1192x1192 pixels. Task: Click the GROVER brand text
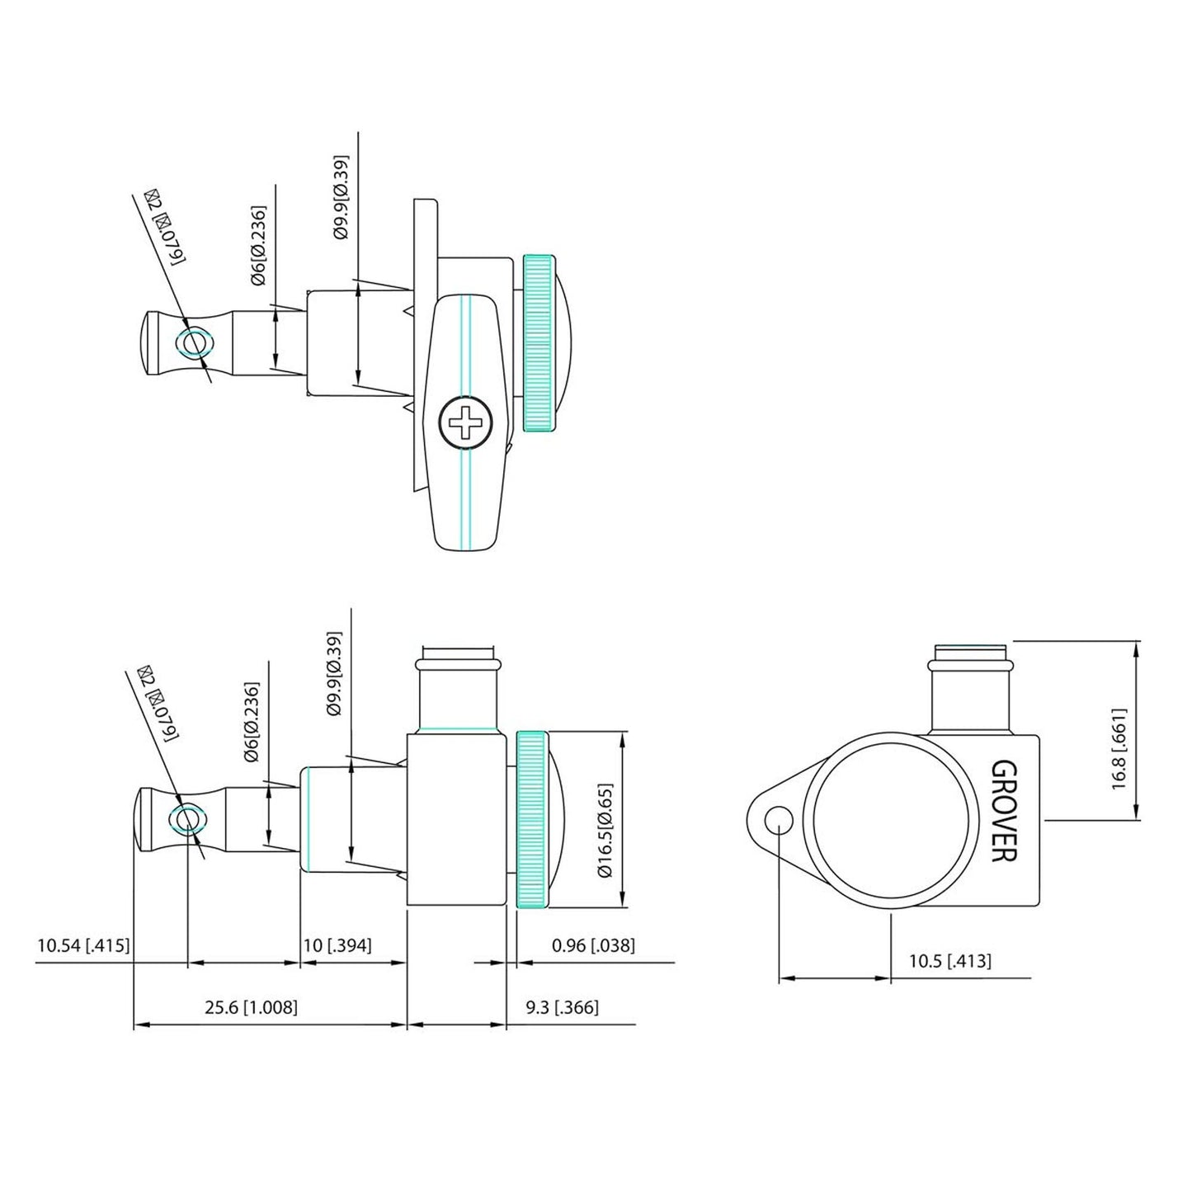[1002, 810]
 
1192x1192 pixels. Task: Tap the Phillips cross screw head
[465, 425]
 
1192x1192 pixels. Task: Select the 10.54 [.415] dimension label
[83, 945]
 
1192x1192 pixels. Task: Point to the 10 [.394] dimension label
[337, 945]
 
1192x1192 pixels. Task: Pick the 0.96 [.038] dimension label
[593, 945]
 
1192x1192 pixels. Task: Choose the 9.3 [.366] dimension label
[562, 1007]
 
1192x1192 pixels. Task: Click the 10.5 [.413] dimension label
[950, 961]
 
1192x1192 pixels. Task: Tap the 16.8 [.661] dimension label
[1119, 747]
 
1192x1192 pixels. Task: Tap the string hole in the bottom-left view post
[186, 820]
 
